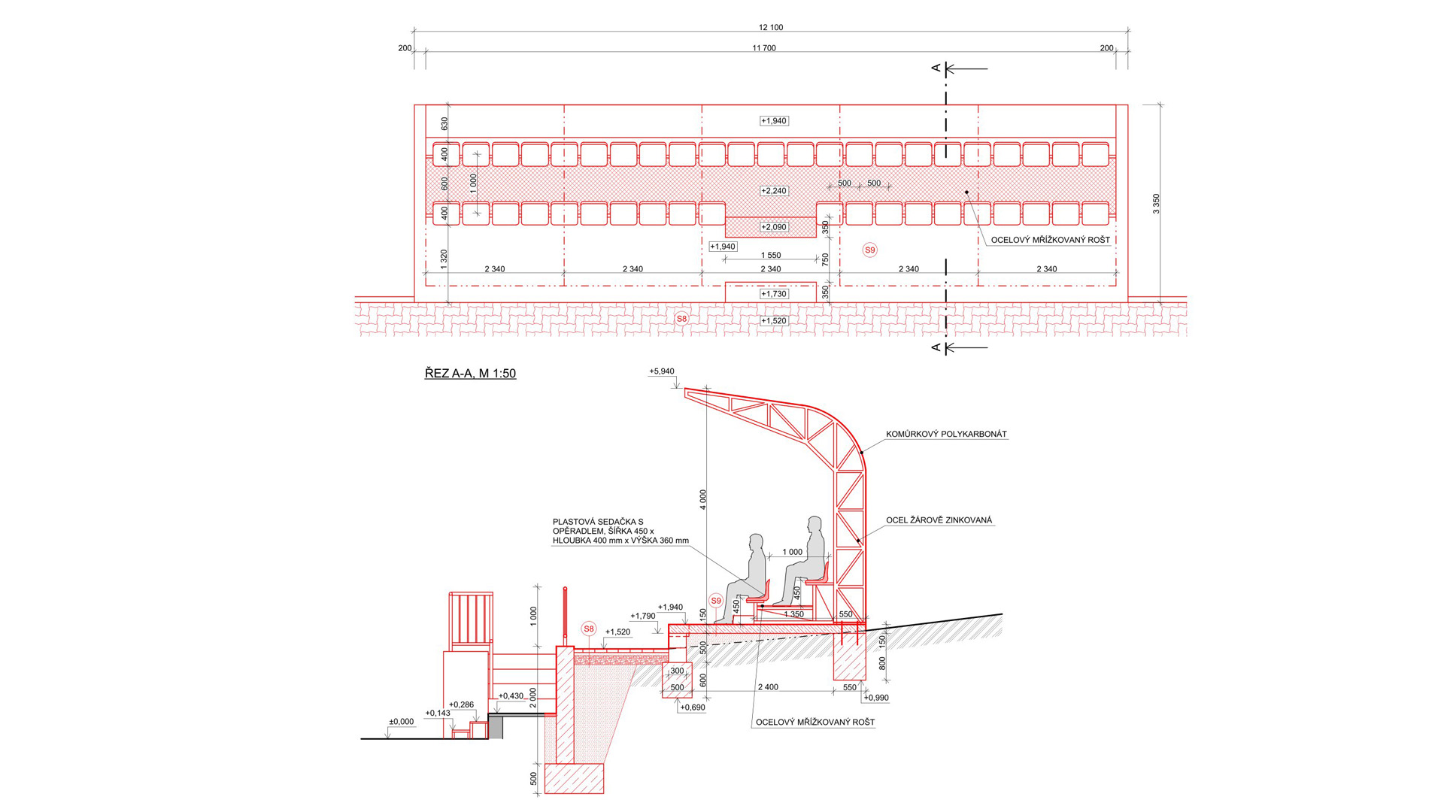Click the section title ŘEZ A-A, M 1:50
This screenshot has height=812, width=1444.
470,374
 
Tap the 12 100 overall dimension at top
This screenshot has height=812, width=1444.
770,28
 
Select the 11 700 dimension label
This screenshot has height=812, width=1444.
763,48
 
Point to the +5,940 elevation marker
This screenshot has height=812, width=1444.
662,371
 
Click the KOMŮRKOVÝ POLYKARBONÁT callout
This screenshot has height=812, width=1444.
945,435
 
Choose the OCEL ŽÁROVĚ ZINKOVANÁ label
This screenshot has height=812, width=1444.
939,520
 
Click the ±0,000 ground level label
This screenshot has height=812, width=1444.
401,722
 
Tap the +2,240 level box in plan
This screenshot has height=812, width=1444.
773,191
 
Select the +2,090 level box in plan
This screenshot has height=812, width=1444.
773,227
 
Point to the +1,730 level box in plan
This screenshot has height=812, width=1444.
773,294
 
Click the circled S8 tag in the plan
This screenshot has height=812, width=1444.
681,319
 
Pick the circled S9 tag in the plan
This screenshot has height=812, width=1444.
869,250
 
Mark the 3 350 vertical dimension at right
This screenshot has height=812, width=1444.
1157,204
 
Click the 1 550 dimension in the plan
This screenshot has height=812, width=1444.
770,256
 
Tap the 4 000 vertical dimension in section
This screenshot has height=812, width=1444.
703,499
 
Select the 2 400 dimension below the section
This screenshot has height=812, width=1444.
768,687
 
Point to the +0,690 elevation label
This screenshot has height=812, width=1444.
692,707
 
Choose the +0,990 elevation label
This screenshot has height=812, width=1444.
876,698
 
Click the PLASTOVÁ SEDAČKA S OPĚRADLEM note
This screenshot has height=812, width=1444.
620,531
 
